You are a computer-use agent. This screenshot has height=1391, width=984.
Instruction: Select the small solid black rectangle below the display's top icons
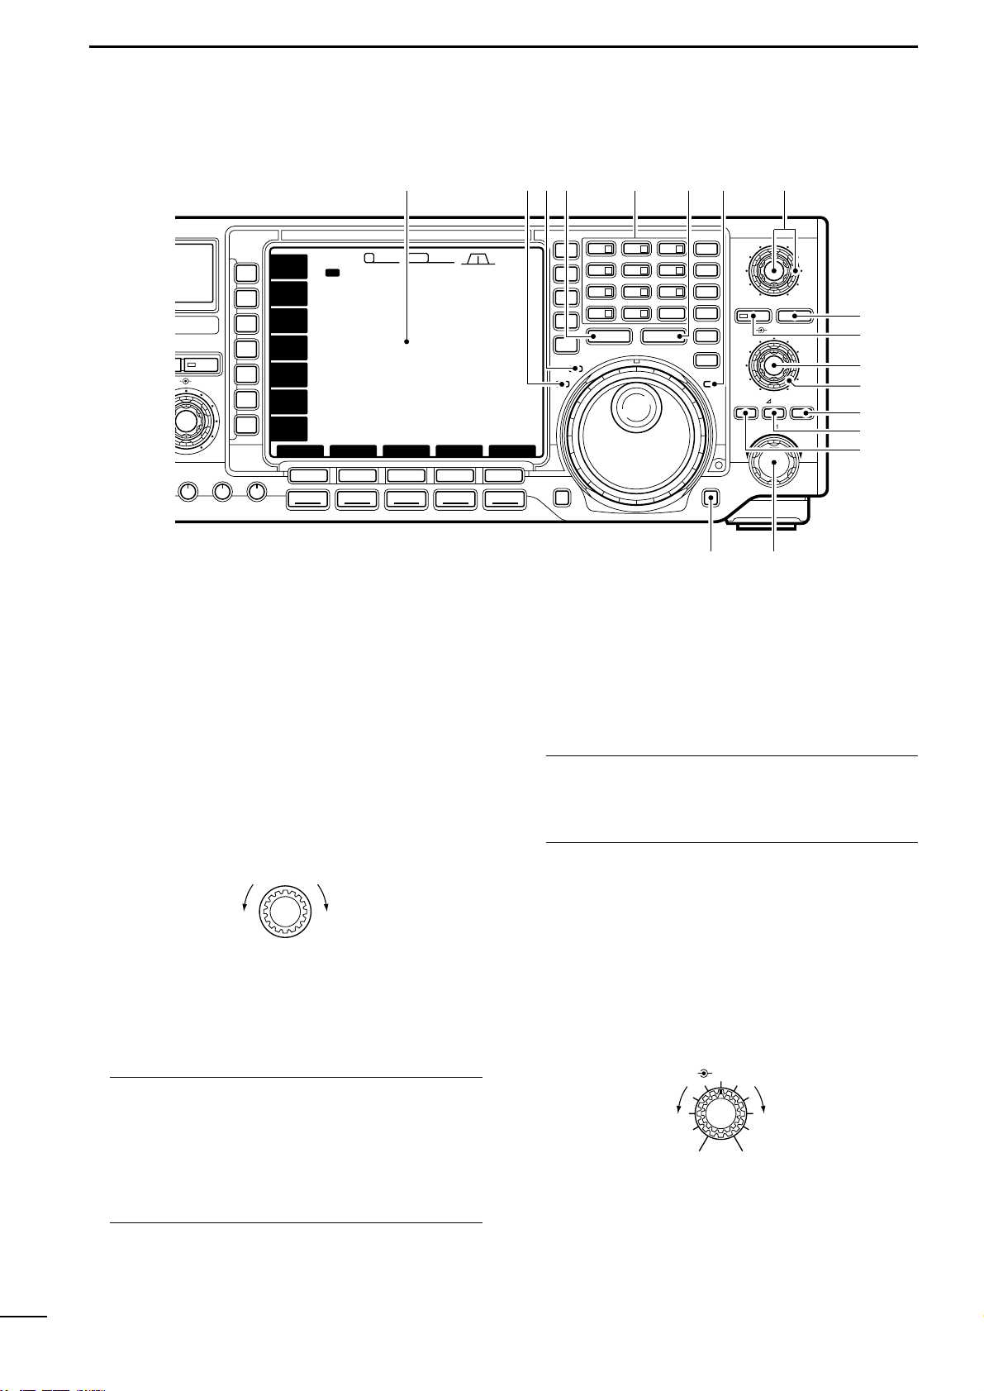(333, 272)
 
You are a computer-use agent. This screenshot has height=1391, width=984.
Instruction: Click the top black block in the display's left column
(289, 267)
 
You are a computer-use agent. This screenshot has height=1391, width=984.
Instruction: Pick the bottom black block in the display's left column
(289, 428)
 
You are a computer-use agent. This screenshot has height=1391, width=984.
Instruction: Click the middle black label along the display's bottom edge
(406, 451)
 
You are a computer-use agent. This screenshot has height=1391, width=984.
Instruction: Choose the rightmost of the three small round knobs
(258, 492)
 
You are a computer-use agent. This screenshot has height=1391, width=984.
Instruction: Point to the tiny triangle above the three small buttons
(768, 400)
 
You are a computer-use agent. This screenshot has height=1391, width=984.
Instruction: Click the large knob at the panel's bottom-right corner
(775, 464)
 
